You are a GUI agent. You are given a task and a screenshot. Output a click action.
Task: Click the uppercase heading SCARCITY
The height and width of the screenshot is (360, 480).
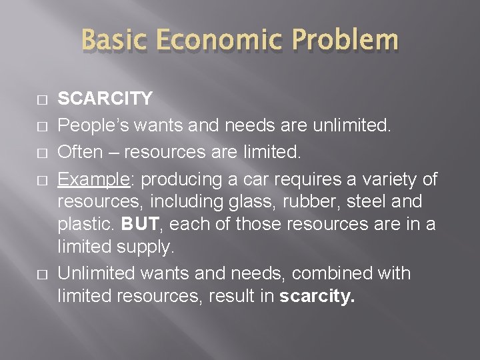tap(105, 99)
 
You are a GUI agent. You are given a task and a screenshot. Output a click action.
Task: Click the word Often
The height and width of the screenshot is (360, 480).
tap(79, 152)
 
